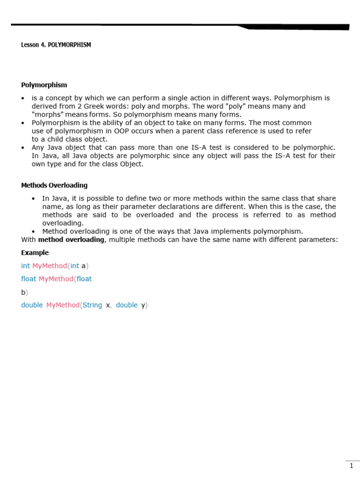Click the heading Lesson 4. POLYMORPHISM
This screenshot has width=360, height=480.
56,45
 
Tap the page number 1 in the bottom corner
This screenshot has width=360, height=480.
352,465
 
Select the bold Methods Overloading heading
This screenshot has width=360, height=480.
54,185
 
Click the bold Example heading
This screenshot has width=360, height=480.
35,253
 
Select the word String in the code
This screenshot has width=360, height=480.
92,305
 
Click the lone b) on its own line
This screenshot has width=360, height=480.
24,292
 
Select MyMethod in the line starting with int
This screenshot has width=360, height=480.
50,266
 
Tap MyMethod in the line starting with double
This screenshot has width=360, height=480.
63,305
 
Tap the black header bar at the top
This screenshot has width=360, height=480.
180,25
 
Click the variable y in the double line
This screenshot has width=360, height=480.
143,305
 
